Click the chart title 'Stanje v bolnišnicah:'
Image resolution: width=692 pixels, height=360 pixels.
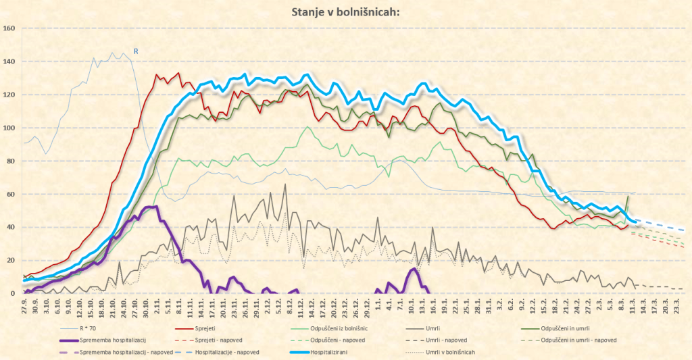[x=345, y=11]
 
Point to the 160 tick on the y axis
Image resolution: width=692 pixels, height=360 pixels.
[x=9, y=28]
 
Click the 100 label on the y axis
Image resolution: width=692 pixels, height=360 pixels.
[x=9, y=128]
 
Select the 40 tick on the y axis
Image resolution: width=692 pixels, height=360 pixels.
[x=9, y=227]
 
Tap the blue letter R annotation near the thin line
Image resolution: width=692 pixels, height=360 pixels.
[x=135, y=51]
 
